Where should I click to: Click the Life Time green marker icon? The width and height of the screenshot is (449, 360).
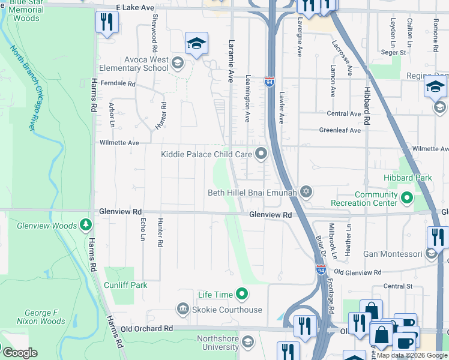(242, 294)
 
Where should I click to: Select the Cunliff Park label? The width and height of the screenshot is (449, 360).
(125, 286)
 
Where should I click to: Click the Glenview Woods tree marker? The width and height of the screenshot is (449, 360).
(86, 226)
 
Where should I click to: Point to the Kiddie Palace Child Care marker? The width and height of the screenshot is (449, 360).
(261, 154)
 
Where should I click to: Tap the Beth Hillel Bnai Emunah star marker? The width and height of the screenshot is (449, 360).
(307, 193)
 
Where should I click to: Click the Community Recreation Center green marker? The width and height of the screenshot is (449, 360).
(407, 196)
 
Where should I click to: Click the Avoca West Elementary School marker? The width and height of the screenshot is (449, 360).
(177, 62)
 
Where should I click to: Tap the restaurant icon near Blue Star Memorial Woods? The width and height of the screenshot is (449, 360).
(107, 22)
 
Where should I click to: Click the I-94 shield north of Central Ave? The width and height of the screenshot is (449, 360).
(269, 80)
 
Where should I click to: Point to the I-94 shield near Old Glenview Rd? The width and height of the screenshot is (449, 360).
(321, 271)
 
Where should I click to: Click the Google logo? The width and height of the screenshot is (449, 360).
(19, 352)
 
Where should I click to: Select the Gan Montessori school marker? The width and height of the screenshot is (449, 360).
(431, 254)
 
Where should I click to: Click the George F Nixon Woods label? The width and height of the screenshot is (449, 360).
(44, 317)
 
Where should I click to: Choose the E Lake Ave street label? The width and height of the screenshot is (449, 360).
(135, 7)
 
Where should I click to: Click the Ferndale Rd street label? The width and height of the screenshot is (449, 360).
(118, 83)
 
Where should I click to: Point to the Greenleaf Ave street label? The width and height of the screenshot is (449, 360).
(340, 130)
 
